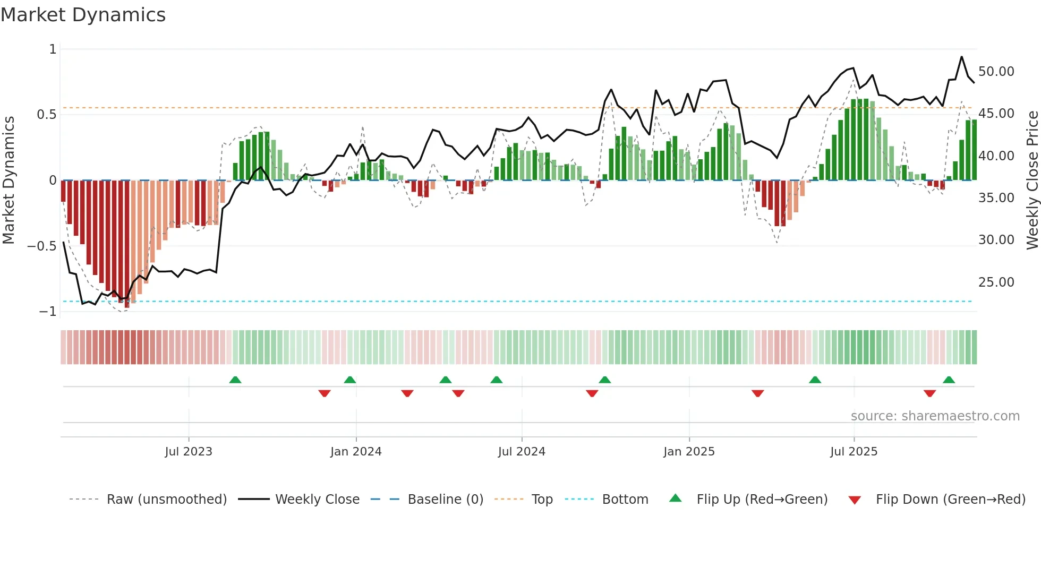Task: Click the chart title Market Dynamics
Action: click(83, 15)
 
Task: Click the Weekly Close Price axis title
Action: click(1032, 180)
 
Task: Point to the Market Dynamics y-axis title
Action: click(8, 180)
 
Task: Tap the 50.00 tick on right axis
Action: click(996, 72)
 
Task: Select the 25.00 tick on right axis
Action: click(996, 282)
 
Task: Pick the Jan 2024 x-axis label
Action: click(356, 452)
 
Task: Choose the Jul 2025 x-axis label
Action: click(854, 452)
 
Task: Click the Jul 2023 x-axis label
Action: click(189, 452)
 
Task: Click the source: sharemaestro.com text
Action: click(935, 416)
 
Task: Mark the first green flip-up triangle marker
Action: click(235, 380)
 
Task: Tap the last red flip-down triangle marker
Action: click(929, 393)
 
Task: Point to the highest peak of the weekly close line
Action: click(961, 57)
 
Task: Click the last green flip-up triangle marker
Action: click(949, 380)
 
